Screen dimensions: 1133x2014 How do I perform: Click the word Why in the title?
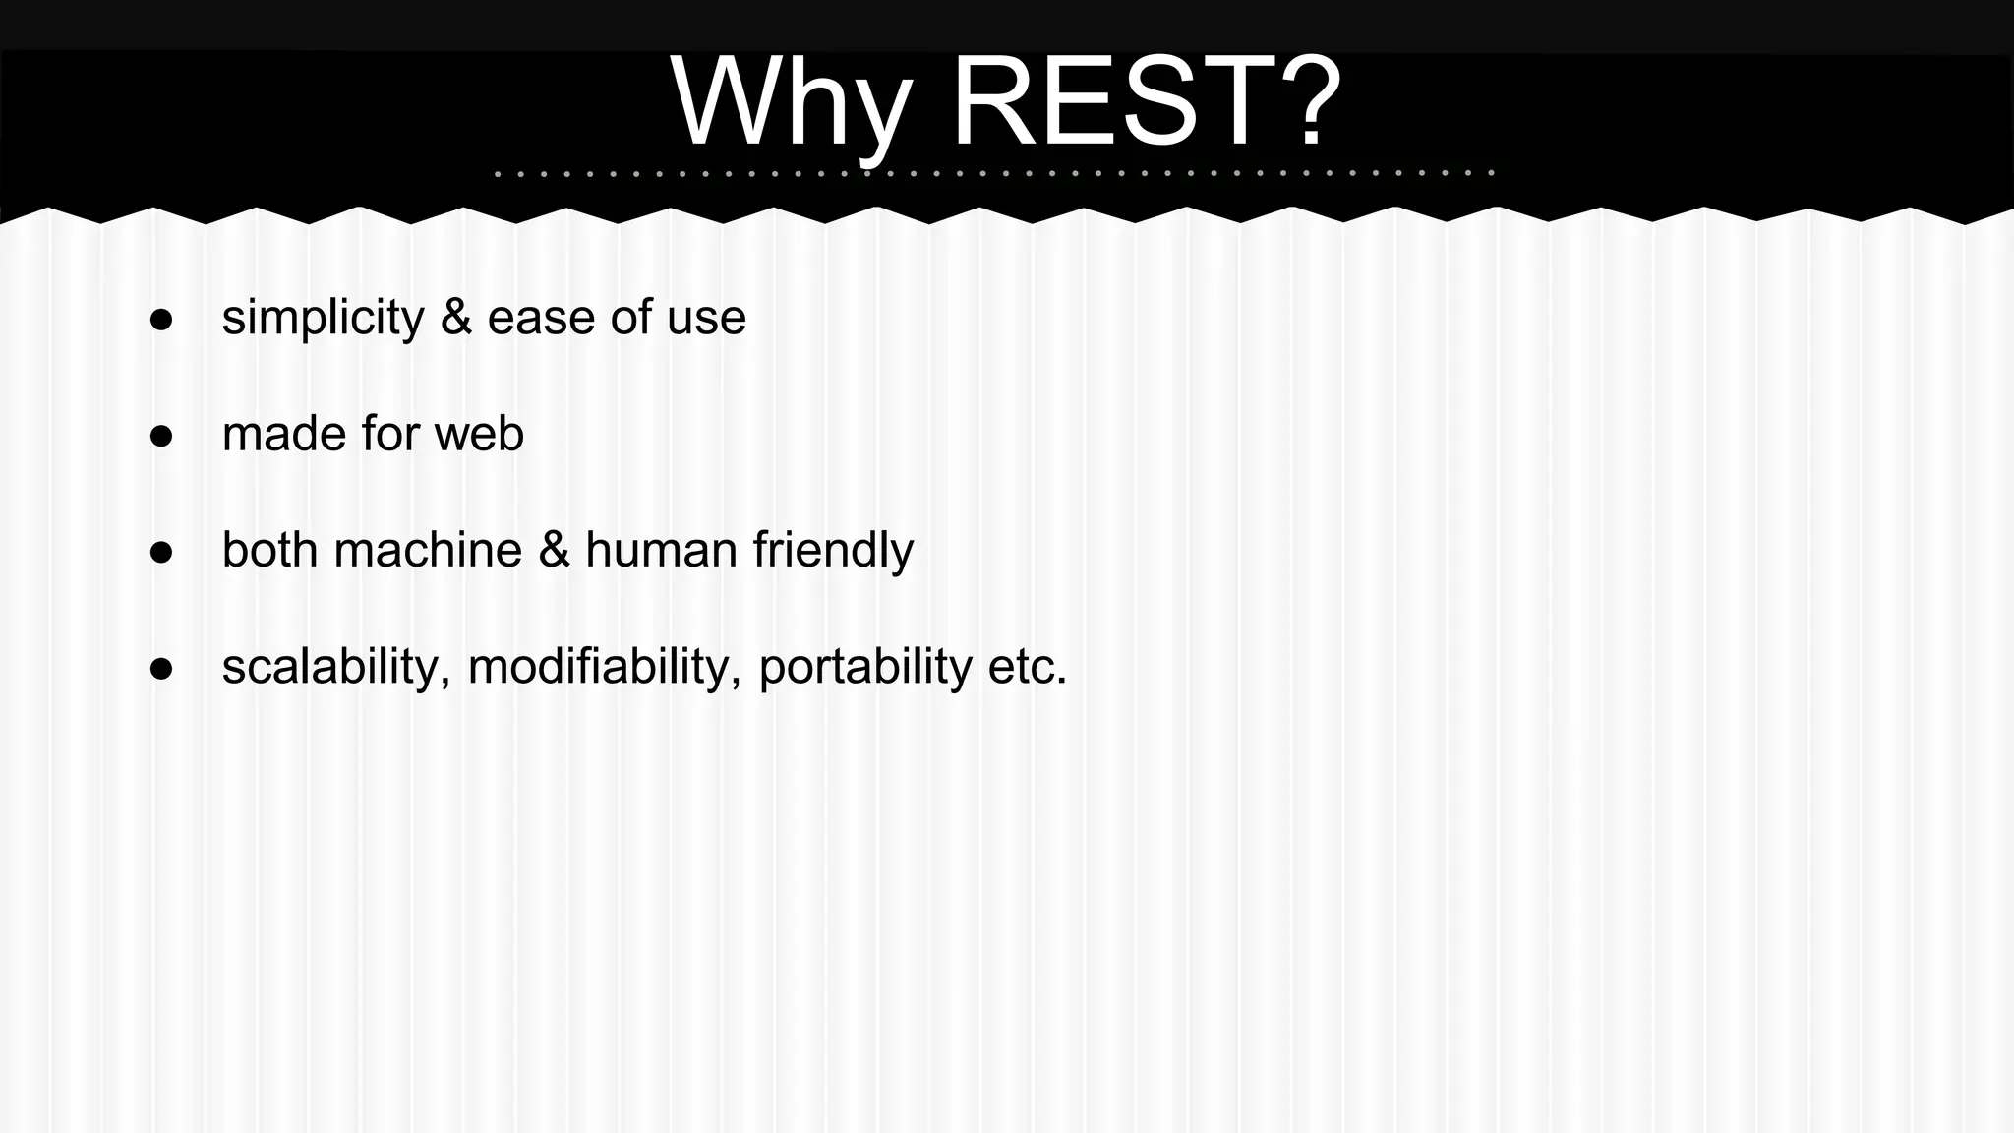pyautogui.click(x=790, y=103)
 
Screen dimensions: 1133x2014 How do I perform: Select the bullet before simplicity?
pyautogui.click(x=161, y=320)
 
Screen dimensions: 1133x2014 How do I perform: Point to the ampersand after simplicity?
pyautogui.click(x=455, y=318)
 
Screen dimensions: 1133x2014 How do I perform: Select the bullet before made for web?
pyautogui.click(x=161, y=436)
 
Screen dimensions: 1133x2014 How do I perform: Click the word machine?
pyautogui.click(x=428, y=550)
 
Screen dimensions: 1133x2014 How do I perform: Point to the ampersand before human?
pyautogui.click(x=554, y=550)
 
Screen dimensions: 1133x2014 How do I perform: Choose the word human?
pyautogui.click(x=661, y=550)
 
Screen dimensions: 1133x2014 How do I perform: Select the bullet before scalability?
pyautogui.click(x=161, y=669)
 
